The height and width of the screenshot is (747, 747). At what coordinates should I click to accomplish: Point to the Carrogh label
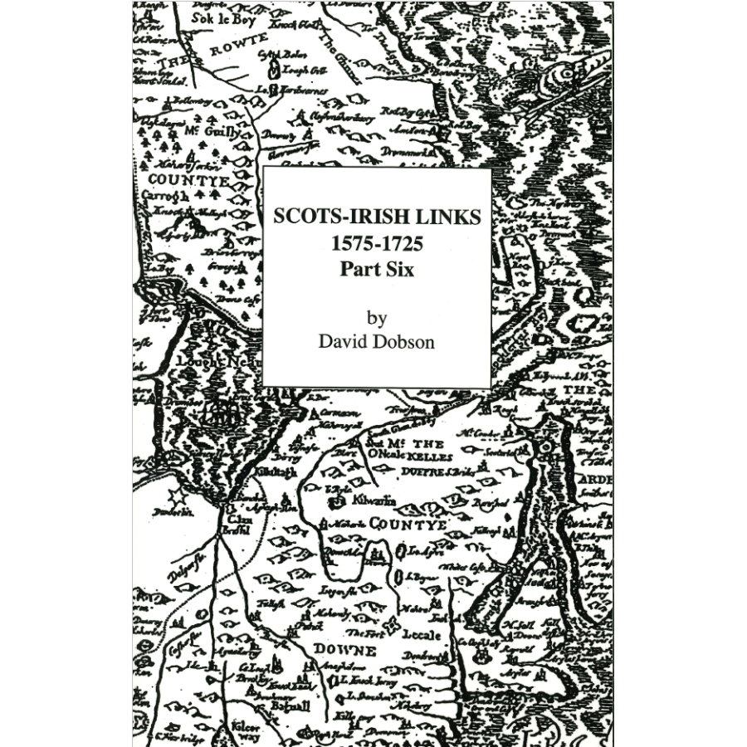(166, 196)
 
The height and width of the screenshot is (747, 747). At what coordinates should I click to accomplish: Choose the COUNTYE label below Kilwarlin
(408, 525)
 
